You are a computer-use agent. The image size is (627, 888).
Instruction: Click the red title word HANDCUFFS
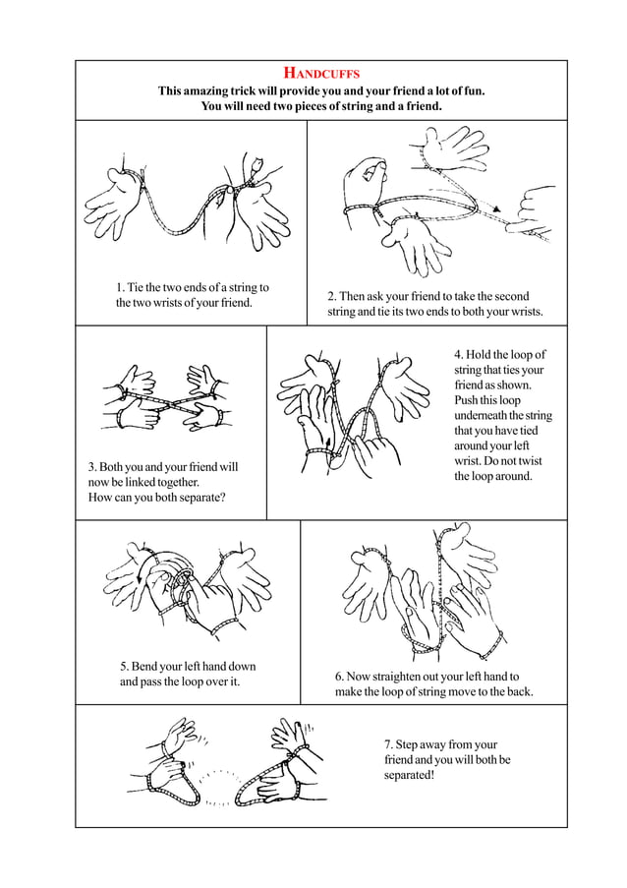(x=321, y=74)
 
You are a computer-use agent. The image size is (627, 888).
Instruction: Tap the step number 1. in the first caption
(x=120, y=287)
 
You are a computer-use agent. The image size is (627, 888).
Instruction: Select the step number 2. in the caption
(x=332, y=296)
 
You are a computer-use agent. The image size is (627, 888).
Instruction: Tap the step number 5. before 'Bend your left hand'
(x=124, y=667)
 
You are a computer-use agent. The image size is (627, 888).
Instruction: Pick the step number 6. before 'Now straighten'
(x=339, y=677)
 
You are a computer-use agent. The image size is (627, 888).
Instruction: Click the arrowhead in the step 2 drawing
(x=498, y=208)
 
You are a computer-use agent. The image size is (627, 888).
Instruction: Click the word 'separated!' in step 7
(x=409, y=776)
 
